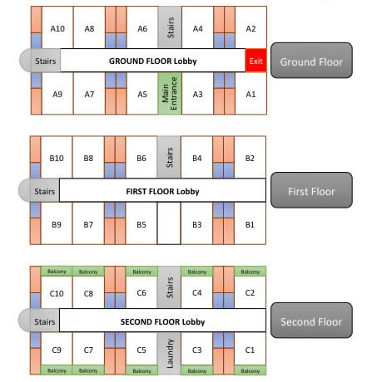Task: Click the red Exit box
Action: coord(255,61)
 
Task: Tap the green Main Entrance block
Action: coord(170,93)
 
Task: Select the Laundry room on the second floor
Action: coord(169,353)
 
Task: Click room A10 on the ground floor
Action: coord(57,27)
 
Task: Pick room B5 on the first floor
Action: coord(141,223)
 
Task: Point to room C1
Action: coord(250,349)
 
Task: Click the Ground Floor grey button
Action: coord(311,61)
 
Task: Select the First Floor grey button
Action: coord(311,190)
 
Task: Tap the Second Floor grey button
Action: coord(311,321)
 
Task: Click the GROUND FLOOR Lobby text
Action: coord(153,61)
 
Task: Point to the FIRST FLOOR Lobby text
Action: coord(162,191)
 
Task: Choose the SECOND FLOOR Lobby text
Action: coord(162,321)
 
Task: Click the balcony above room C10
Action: coord(57,271)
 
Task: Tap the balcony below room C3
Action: coord(196,370)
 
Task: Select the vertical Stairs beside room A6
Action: coord(170,27)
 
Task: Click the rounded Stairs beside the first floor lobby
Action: coord(39,190)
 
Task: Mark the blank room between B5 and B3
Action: coord(169,223)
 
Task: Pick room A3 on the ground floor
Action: coord(197,94)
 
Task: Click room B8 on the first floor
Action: coord(88,158)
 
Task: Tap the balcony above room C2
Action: coord(250,271)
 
